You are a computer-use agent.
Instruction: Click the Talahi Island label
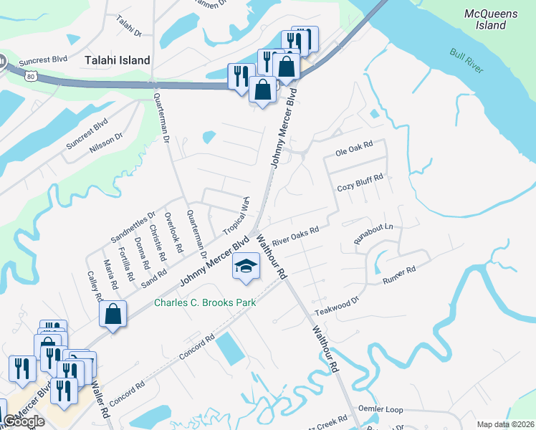[118, 61]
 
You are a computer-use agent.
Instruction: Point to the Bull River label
[466, 61]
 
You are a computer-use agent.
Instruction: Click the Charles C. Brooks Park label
[205, 303]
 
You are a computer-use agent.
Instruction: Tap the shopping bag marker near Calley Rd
[113, 314]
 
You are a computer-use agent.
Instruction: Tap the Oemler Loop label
[384, 410]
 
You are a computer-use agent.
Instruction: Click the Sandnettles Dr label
[133, 226]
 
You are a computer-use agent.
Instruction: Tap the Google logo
[24, 421]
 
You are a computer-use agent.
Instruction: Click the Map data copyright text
[504, 424]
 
